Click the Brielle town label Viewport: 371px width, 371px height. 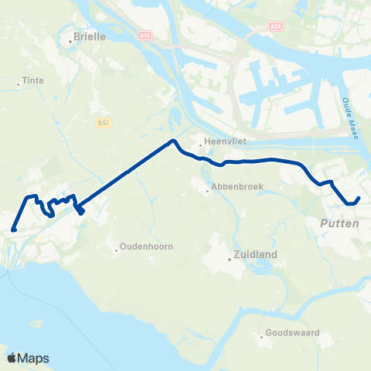[x=88, y=36]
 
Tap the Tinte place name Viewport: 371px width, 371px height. [x=33, y=80]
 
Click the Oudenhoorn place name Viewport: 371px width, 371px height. [x=145, y=248]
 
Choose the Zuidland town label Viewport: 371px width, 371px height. [x=254, y=254]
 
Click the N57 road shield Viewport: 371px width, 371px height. [x=104, y=122]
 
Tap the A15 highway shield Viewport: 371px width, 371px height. [x=148, y=35]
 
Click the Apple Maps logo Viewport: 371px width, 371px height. [x=28, y=358]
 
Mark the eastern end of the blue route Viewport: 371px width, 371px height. [x=358, y=199]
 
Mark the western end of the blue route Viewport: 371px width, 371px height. [x=14, y=229]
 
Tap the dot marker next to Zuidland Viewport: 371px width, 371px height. [x=229, y=260]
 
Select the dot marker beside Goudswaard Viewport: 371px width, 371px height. [x=261, y=335]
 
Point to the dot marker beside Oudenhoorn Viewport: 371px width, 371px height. [x=116, y=248]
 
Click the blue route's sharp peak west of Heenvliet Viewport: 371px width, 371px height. [x=173, y=141]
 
